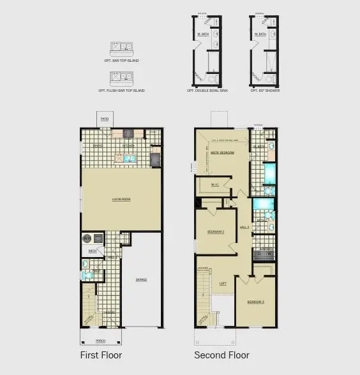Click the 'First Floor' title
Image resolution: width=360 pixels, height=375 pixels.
click(x=101, y=355)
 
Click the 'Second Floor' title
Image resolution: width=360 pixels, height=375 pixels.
click(x=221, y=355)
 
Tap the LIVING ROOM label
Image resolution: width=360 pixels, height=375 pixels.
click(x=121, y=200)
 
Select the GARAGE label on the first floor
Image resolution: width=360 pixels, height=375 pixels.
click(x=142, y=279)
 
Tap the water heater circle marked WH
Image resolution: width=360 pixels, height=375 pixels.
click(x=86, y=238)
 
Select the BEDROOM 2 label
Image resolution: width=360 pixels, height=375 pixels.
click(x=216, y=233)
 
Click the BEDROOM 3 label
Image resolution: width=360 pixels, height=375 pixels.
click(x=256, y=301)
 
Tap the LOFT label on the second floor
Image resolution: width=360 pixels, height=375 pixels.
click(x=222, y=283)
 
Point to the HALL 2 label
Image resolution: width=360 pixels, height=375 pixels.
click(x=244, y=227)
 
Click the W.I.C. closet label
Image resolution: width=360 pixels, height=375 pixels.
click(x=215, y=186)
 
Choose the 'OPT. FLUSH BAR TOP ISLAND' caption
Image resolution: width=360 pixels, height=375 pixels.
click(x=121, y=91)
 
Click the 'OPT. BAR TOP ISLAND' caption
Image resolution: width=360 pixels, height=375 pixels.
click(x=121, y=61)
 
